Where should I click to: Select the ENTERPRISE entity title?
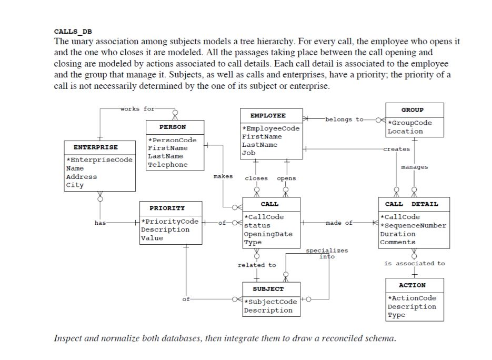click(96, 147)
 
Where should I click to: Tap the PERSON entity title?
click(173, 127)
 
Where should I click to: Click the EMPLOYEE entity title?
click(268, 115)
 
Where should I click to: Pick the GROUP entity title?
click(412, 110)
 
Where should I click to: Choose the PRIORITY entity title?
click(167, 208)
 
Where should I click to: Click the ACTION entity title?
click(412, 285)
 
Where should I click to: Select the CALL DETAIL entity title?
click(411, 204)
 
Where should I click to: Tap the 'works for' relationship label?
click(137, 109)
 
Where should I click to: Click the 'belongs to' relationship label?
click(344, 119)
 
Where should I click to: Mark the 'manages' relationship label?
click(414, 167)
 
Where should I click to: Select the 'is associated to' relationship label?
click(414, 263)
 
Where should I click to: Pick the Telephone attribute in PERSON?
click(167, 165)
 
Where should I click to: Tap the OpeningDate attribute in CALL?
click(268, 234)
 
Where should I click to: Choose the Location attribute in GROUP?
click(405, 131)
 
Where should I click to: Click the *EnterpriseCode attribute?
click(99, 160)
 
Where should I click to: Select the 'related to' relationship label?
click(256, 265)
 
